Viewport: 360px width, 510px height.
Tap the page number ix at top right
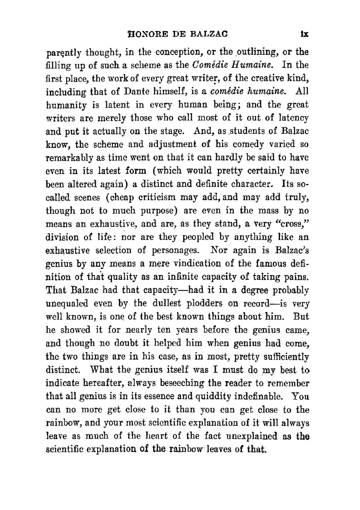[305, 35]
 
